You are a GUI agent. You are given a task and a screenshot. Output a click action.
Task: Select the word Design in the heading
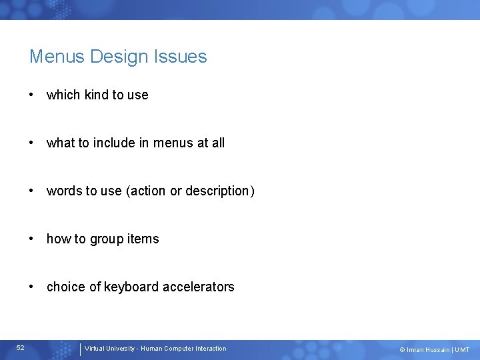coord(120,57)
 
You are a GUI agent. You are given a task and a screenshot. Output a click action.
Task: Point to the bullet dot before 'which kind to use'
coord(31,95)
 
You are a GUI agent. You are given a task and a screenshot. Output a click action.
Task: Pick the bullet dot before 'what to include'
coord(31,143)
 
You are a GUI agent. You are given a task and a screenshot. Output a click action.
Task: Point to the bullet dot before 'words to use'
coord(31,191)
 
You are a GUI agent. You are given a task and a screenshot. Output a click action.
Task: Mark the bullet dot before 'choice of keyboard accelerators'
coord(31,287)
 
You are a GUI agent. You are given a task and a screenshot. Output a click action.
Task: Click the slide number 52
coord(21,348)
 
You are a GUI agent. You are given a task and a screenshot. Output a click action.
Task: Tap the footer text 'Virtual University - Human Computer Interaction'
coord(155,349)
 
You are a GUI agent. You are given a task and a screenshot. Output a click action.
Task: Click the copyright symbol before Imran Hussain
coord(402,350)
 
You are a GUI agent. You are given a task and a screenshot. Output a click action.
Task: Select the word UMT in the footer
coord(462,350)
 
